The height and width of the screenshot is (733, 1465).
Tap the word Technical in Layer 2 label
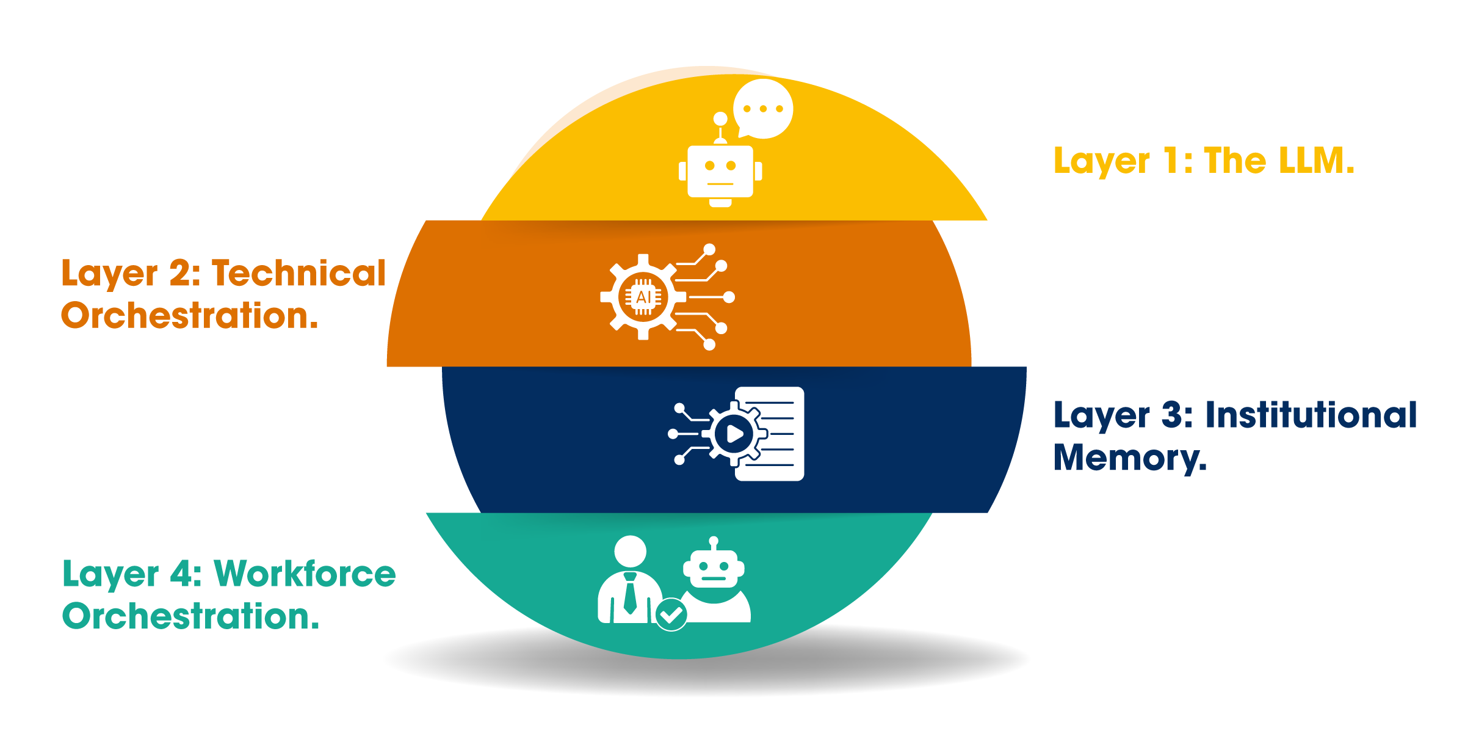[x=298, y=273]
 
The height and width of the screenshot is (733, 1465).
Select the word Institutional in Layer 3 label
[x=1311, y=415]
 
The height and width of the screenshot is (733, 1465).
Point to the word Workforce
[x=305, y=574]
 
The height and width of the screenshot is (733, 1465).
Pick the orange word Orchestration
[x=189, y=316]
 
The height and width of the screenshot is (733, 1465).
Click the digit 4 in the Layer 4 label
[x=181, y=574]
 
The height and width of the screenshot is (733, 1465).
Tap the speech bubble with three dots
[x=763, y=109]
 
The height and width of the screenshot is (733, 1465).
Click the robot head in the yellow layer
[x=720, y=172]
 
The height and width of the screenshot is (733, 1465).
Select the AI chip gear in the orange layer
[x=643, y=297]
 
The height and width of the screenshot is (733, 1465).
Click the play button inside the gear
[x=735, y=434]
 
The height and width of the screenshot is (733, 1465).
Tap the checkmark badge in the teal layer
[x=671, y=614]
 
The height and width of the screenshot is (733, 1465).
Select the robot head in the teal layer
[x=714, y=568]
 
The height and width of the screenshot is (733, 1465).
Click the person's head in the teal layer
[x=630, y=551]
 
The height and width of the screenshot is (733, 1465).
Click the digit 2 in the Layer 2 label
[x=180, y=273]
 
